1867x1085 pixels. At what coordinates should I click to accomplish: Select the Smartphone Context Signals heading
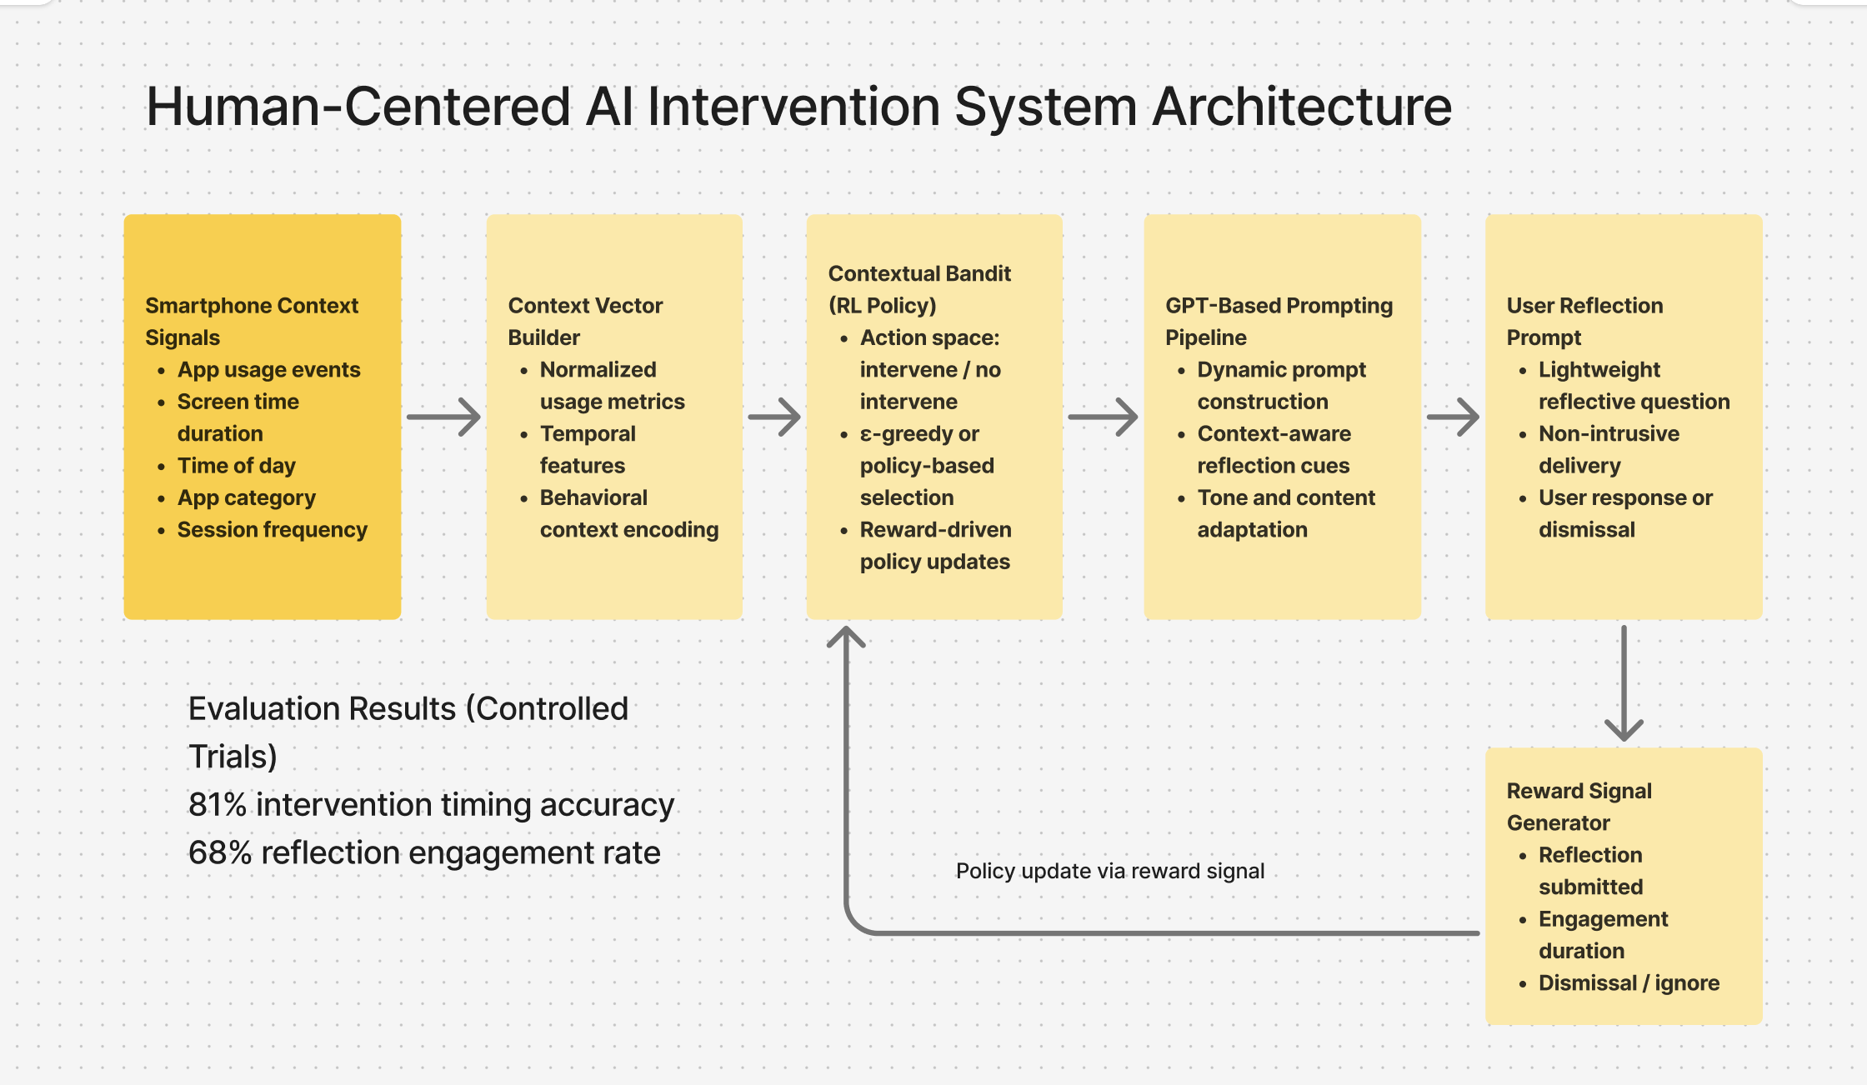[251, 321]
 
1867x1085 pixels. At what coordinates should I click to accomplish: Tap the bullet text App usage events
[268, 369]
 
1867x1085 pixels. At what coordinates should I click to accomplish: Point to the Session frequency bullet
[272, 529]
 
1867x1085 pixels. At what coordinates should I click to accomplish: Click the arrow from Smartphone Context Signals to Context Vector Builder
[443, 417]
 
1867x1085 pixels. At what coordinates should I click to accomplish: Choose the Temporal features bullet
[587, 449]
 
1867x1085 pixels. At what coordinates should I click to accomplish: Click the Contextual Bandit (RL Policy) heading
[918, 289]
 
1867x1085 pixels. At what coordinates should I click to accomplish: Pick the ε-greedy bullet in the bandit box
[926, 465]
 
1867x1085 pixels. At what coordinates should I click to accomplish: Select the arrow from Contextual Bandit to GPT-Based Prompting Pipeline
[1103, 417]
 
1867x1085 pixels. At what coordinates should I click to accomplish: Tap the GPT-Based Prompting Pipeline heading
[1278, 321]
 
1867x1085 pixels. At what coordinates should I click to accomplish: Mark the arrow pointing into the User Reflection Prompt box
[1453, 417]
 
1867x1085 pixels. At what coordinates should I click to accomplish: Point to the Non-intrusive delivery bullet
[1608, 449]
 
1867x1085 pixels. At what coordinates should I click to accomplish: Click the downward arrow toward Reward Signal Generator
[1624, 683]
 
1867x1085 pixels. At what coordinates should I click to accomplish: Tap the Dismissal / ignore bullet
[1628, 982]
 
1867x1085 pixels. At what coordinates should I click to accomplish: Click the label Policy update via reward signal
[1109, 871]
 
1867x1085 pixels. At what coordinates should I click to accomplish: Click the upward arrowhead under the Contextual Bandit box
[846, 637]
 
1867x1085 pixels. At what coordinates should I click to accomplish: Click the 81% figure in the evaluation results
[218, 804]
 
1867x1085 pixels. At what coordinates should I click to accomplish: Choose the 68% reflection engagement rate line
[424, 852]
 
